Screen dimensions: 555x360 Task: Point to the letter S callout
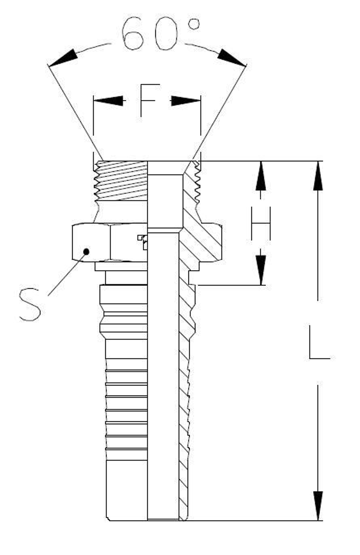pos(30,304)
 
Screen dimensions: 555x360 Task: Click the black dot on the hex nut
pos(86,251)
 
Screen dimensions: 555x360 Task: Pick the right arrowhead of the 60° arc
pos(231,58)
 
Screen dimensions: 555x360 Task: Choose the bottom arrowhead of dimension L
pos(318,505)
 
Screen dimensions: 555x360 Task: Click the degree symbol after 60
pos(194,24)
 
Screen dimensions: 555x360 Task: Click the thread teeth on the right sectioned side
pos(197,182)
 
